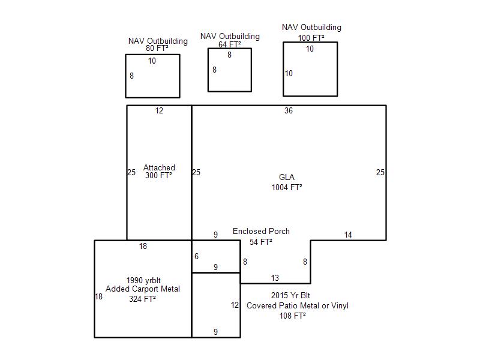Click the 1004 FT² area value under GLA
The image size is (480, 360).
click(287, 187)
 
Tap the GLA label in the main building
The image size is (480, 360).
click(287, 177)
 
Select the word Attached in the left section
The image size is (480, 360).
click(159, 167)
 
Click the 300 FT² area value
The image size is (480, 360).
click(158, 175)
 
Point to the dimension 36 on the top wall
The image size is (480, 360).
click(289, 110)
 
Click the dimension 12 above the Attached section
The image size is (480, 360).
click(159, 110)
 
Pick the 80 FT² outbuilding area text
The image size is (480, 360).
click(157, 49)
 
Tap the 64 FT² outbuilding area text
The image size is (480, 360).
click(230, 44)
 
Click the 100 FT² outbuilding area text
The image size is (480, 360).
click(311, 38)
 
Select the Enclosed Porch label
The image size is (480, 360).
click(261, 231)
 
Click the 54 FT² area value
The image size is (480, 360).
click(261, 242)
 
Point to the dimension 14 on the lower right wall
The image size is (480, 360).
click(348, 235)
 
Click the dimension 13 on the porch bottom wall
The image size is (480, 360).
click(275, 278)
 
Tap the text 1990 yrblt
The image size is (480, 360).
click(143, 280)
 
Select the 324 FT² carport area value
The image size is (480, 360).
click(142, 299)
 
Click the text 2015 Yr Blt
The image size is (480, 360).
click(290, 295)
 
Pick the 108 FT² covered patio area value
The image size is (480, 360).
click(293, 316)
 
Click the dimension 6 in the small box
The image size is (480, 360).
click(197, 256)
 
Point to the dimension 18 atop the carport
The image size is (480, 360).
click(143, 246)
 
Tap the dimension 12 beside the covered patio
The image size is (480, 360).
click(235, 305)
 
